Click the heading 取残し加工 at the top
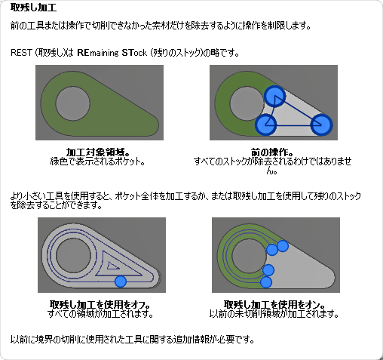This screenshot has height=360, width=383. point(33,8)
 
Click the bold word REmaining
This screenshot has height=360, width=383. point(98,53)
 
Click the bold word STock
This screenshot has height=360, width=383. point(134,53)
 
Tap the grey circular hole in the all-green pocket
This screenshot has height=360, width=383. point(72,103)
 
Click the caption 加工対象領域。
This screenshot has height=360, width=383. point(98,152)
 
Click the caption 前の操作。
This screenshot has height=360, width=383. point(272,152)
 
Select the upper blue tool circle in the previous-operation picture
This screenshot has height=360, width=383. point(274,96)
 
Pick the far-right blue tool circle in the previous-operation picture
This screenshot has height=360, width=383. point(321,125)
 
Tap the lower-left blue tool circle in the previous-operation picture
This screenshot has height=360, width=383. point(266,125)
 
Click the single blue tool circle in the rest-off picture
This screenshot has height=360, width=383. point(121,282)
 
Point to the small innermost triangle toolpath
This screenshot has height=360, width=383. point(112,266)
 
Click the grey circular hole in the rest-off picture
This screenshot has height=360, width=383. point(73,256)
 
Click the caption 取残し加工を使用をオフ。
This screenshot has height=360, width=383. point(100,305)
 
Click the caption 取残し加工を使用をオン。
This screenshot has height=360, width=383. point(274,305)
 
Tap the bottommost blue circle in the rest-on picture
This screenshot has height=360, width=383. point(266,282)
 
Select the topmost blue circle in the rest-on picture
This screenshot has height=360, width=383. point(283,246)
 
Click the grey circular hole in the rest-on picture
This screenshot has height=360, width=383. point(250,256)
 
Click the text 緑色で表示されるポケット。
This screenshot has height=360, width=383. point(98,162)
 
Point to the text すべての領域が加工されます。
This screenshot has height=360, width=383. point(100,314)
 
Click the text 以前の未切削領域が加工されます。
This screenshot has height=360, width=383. point(274,314)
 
